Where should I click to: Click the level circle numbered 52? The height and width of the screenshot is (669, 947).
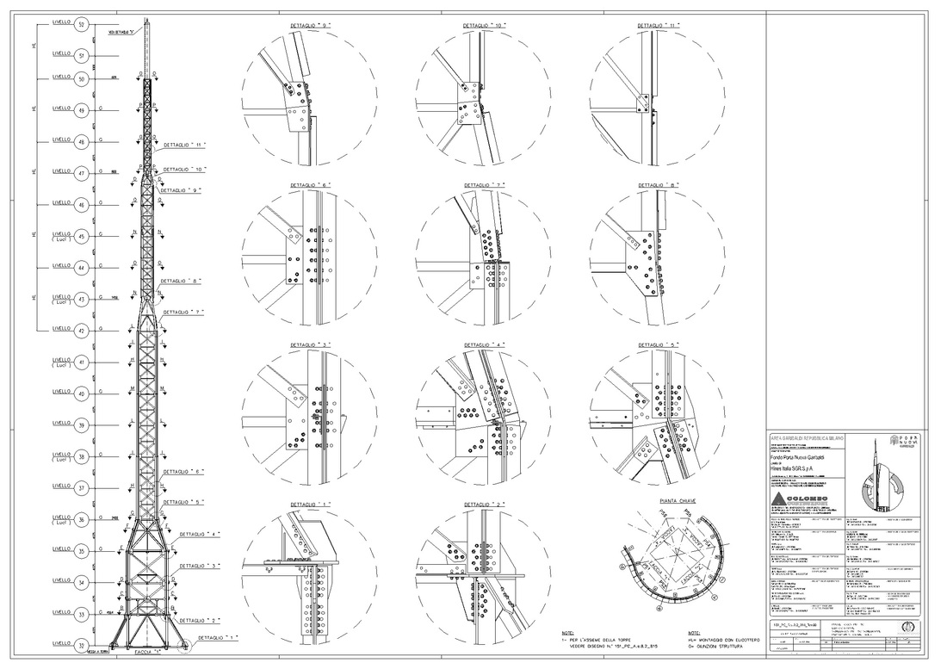(82, 25)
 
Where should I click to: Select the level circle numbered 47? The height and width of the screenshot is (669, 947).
(82, 172)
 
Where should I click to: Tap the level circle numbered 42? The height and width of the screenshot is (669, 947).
(82, 330)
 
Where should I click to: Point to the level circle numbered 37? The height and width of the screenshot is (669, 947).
(82, 488)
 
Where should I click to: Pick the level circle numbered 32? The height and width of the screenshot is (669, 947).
(82, 645)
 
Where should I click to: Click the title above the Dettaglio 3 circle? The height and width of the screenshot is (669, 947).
(309, 344)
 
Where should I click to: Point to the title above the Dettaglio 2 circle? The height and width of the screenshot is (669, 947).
(482, 504)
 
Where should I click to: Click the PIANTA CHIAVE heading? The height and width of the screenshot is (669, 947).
(678, 499)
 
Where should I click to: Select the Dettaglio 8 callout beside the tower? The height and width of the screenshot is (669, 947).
(181, 282)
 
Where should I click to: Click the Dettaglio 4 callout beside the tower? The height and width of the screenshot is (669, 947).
(199, 535)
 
